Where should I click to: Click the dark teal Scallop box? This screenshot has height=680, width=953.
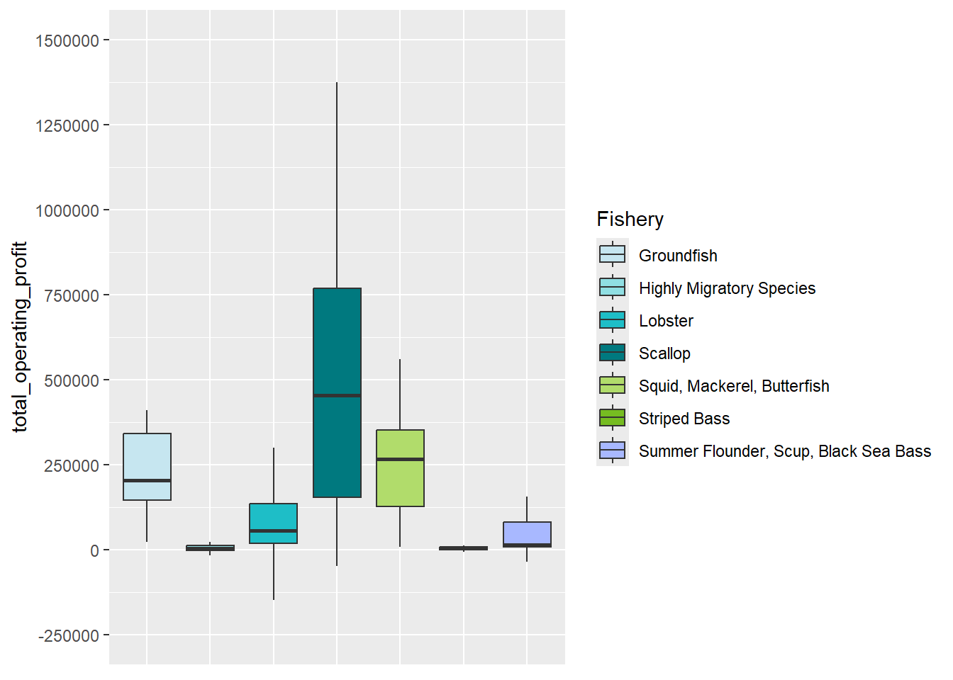pyautogui.click(x=337, y=340)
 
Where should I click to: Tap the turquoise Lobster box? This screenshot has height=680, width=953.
pyautogui.click(x=273, y=517)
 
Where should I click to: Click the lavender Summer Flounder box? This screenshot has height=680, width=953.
pyautogui.click(x=527, y=533)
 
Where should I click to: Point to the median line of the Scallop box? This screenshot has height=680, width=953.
pyautogui.click(x=337, y=395)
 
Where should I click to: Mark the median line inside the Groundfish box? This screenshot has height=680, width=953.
pyautogui.click(x=147, y=480)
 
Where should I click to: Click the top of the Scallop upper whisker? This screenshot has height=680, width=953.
pyautogui.click(x=337, y=83)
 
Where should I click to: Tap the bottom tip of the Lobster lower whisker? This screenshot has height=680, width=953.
pyautogui.click(x=274, y=599)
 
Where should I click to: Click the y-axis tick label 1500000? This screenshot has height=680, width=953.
pyautogui.click(x=67, y=41)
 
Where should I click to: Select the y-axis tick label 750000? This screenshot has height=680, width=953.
pyautogui.click(x=71, y=296)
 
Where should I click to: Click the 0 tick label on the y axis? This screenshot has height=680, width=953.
pyautogui.click(x=94, y=551)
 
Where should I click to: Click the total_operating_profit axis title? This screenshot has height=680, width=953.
pyautogui.click(x=20, y=336)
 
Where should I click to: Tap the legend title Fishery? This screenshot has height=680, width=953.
pyautogui.click(x=630, y=220)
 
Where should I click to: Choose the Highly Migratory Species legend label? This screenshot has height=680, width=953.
pyautogui.click(x=727, y=288)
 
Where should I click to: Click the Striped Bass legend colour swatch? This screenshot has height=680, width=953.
pyautogui.click(x=613, y=418)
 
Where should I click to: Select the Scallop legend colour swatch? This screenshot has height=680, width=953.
pyautogui.click(x=613, y=353)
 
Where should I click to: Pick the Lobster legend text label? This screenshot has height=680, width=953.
pyautogui.click(x=666, y=321)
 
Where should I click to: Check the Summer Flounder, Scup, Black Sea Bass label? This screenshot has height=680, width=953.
pyautogui.click(x=784, y=451)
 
